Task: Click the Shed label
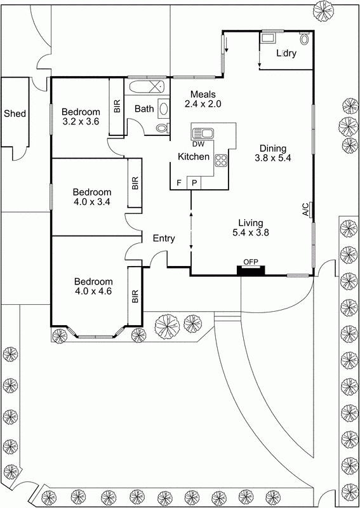15,114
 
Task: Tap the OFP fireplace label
250,262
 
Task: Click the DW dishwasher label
197,144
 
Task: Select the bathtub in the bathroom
146,86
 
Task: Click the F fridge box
179,183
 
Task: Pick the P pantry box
194,183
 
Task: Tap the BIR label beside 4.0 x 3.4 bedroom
135,184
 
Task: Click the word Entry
164,238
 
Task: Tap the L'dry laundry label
286,53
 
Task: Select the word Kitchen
194,156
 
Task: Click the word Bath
144,109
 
